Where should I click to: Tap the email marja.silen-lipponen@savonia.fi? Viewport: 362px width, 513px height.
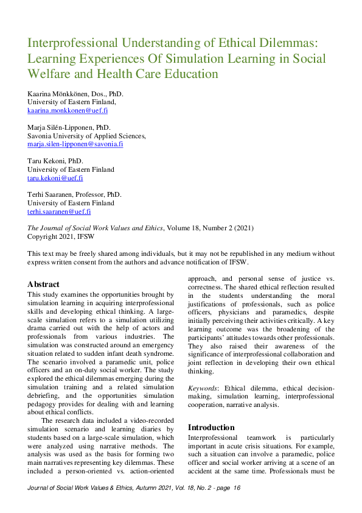pyautogui.click(x=75, y=144)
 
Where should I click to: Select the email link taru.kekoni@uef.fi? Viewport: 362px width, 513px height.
pyautogui.click(x=55, y=178)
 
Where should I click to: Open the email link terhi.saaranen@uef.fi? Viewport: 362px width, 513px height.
pyautogui.click(x=59, y=211)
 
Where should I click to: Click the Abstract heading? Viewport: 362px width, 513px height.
pyautogui.click(x=44, y=284)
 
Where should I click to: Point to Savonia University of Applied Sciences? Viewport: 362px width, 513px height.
pyautogui.click(x=86, y=136)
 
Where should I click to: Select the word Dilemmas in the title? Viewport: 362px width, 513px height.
pyautogui.click(x=288, y=43)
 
